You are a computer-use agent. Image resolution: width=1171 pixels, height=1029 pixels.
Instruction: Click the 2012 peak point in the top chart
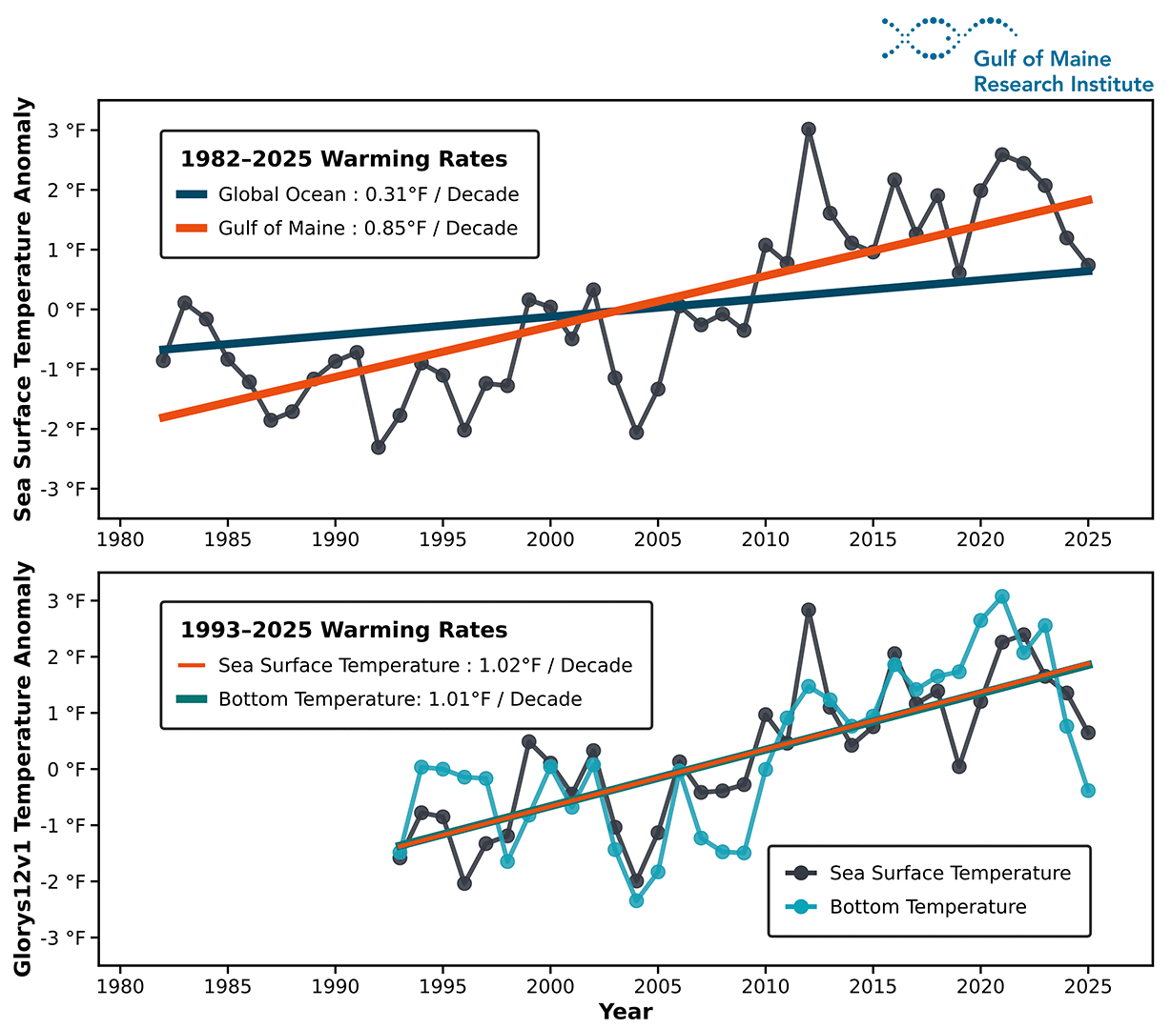point(809,130)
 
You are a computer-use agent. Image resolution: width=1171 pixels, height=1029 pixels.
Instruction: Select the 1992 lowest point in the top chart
point(379,447)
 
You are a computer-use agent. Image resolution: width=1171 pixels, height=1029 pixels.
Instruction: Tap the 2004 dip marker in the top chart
point(636,433)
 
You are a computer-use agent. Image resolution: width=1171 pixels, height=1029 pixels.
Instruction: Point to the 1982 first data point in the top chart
point(163,360)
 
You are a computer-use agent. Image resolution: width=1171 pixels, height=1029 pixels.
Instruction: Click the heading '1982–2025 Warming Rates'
point(344,159)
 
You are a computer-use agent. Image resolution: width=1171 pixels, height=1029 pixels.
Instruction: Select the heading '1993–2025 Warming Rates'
point(344,631)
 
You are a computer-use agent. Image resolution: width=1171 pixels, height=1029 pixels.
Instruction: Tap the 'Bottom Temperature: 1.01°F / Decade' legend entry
point(400,699)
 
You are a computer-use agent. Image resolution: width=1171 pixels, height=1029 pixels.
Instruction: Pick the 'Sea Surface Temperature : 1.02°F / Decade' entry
point(425,666)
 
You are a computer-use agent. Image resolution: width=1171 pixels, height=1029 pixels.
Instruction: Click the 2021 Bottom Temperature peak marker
point(1002,596)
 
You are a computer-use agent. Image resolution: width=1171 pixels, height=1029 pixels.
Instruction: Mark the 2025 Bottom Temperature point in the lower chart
point(1088,791)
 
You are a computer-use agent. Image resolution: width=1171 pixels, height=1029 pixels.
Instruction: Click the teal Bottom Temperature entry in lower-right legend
point(927,907)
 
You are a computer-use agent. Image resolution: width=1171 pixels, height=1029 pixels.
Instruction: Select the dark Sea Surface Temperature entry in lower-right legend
point(949,874)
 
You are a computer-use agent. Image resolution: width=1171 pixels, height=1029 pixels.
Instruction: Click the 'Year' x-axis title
point(626,1012)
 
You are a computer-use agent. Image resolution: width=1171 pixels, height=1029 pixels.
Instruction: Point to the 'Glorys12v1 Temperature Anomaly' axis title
point(24,769)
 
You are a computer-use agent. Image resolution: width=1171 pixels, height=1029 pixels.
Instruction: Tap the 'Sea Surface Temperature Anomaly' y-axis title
point(24,310)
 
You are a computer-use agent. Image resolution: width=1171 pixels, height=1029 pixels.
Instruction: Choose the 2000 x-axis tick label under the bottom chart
point(550,987)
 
